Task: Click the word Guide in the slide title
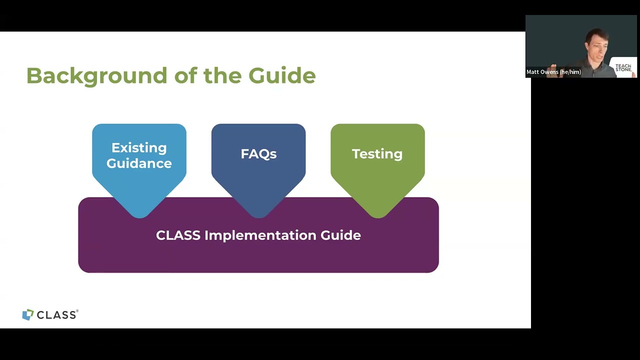click(x=282, y=76)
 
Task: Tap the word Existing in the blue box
click(x=139, y=147)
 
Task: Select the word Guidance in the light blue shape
click(x=139, y=163)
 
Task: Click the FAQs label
click(x=258, y=154)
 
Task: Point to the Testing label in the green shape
click(x=377, y=154)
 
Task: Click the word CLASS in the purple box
click(x=178, y=235)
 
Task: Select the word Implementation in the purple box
click(x=260, y=235)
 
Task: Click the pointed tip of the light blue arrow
click(x=139, y=217)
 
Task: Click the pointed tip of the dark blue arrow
click(x=258, y=217)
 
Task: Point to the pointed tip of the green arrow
click(x=377, y=217)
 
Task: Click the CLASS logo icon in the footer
click(x=28, y=314)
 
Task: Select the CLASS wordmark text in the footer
click(x=56, y=315)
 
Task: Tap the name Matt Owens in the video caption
click(x=542, y=72)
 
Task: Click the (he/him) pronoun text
click(x=570, y=72)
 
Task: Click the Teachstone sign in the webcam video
click(x=623, y=67)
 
